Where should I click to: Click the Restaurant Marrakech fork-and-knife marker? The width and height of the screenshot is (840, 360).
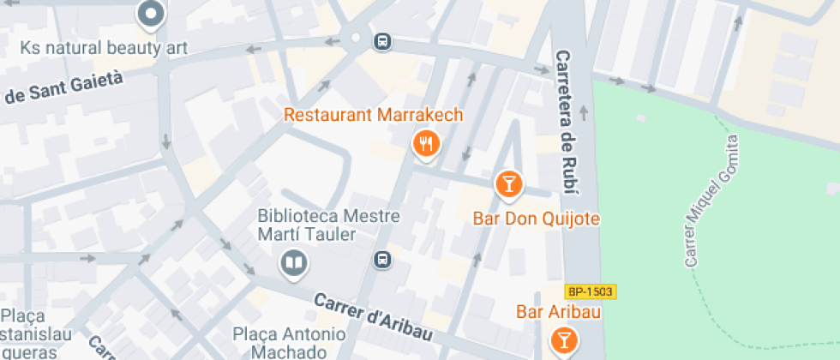(x=426, y=143)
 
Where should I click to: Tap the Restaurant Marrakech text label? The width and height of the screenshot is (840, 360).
(x=373, y=115)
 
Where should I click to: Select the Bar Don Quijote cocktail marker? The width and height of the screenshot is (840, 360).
(x=508, y=183)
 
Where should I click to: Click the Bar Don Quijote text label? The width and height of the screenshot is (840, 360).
(x=536, y=219)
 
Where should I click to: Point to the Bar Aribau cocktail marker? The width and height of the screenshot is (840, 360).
(x=563, y=339)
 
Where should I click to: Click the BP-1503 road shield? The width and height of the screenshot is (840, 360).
(x=591, y=291)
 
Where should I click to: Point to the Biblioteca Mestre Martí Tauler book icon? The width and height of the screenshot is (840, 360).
(x=293, y=264)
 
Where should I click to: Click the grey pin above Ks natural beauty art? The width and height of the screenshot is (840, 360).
(x=151, y=14)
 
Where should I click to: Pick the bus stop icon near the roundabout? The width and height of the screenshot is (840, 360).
(x=382, y=40)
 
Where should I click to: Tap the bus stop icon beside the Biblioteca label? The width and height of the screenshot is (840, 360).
(x=382, y=259)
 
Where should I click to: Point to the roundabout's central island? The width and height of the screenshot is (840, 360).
(x=355, y=38)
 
